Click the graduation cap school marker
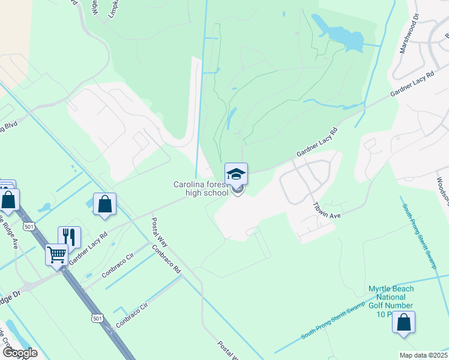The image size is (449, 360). (236, 175)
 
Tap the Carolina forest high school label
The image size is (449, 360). (201, 188)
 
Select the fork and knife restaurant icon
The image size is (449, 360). (69, 237)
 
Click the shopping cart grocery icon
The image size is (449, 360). (56, 254)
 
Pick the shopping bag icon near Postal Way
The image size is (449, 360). (104, 204)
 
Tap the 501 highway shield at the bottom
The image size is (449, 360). (97, 318)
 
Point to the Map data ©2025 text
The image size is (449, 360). (423, 355)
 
